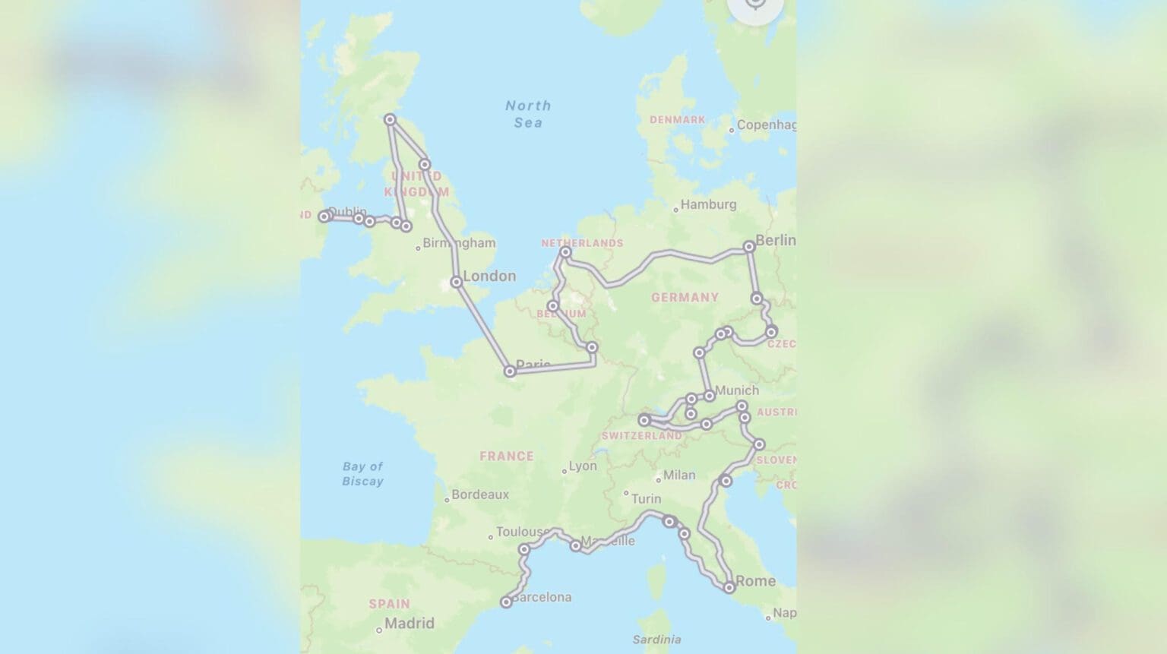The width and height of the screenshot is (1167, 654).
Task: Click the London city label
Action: pyautogui.click(x=489, y=276)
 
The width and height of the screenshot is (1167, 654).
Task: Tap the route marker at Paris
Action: pyautogui.click(x=510, y=371)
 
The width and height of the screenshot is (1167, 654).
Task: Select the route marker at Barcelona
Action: pyautogui.click(x=506, y=602)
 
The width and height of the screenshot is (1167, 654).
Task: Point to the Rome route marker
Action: pyautogui.click(x=729, y=587)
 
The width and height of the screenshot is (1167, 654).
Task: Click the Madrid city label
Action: pyautogui.click(x=409, y=624)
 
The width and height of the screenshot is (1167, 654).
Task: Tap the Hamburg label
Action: pyautogui.click(x=708, y=204)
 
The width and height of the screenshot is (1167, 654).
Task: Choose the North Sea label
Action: pyautogui.click(x=528, y=114)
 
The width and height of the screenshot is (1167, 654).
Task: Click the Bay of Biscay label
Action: pyautogui.click(x=362, y=473)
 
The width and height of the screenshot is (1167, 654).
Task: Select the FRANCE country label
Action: pyautogui.click(x=506, y=457)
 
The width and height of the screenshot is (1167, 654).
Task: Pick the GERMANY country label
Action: pyautogui.click(x=685, y=298)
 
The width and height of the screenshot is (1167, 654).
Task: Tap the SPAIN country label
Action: pyautogui.click(x=389, y=604)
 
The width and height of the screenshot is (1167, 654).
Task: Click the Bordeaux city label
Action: pyautogui.click(x=480, y=494)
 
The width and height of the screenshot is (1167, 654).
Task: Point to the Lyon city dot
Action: pyautogui.click(x=565, y=471)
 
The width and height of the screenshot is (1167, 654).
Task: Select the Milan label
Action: pyautogui.click(x=678, y=475)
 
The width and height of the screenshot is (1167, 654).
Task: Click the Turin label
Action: pyautogui.click(x=646, y=499)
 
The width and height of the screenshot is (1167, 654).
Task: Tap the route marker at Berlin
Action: pyautogui.click(x=749, y=246)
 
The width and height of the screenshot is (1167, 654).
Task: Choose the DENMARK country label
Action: pyautogui.click(x=677, y=120)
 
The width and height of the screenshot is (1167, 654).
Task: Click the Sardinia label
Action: pyautogui.click(x=656, y=640)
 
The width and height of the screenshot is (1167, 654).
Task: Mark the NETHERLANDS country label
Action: pyautogui.click(x=582, y=243)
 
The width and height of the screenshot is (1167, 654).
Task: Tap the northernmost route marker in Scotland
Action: pyautogui.click(x=390, y=119)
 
